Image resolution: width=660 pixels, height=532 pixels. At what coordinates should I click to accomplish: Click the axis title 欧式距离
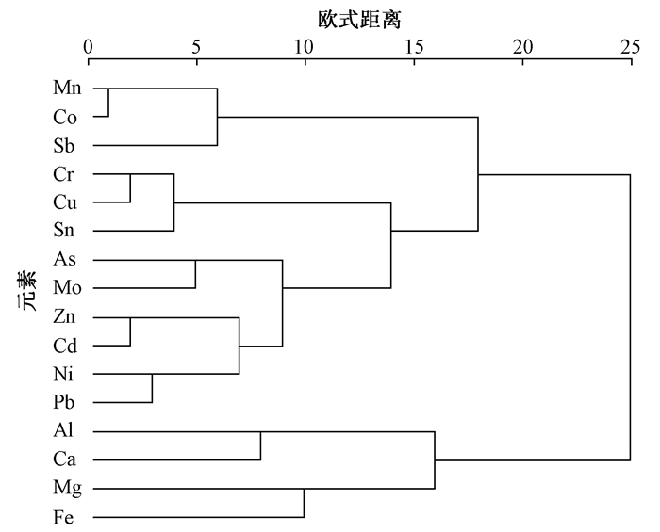359,20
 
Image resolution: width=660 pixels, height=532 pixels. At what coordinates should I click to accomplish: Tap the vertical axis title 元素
27,291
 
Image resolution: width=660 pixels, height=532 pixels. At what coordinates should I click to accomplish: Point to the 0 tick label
88,47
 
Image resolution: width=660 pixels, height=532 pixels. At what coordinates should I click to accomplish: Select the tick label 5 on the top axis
196,47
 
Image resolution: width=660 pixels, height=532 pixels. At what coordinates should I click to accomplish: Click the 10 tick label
304,47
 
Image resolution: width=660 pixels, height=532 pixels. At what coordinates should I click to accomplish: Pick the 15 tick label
414,47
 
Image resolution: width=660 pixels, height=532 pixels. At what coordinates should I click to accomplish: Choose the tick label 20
522,47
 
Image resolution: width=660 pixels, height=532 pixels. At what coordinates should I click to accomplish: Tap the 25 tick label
631,47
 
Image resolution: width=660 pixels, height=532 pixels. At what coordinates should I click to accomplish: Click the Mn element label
67,88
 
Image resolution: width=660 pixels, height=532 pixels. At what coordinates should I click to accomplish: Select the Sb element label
63,145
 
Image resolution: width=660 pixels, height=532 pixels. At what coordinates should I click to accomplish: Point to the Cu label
65,202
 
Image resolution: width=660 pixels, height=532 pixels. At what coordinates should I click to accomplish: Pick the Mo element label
67,288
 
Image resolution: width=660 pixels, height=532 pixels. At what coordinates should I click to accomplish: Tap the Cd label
65,346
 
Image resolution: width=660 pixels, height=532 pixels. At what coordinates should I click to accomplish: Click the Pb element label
63,402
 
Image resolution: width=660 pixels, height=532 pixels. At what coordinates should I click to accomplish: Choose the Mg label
67,489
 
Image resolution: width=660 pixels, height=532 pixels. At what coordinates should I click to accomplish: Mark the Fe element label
63,517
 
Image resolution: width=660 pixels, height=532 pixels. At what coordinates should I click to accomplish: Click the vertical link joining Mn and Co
108,103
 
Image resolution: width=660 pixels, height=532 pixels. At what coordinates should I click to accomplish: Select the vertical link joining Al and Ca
260,446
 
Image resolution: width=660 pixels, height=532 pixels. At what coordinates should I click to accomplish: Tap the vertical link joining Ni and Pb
152,388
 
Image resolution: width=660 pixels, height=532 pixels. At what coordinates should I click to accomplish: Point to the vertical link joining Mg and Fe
304,503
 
